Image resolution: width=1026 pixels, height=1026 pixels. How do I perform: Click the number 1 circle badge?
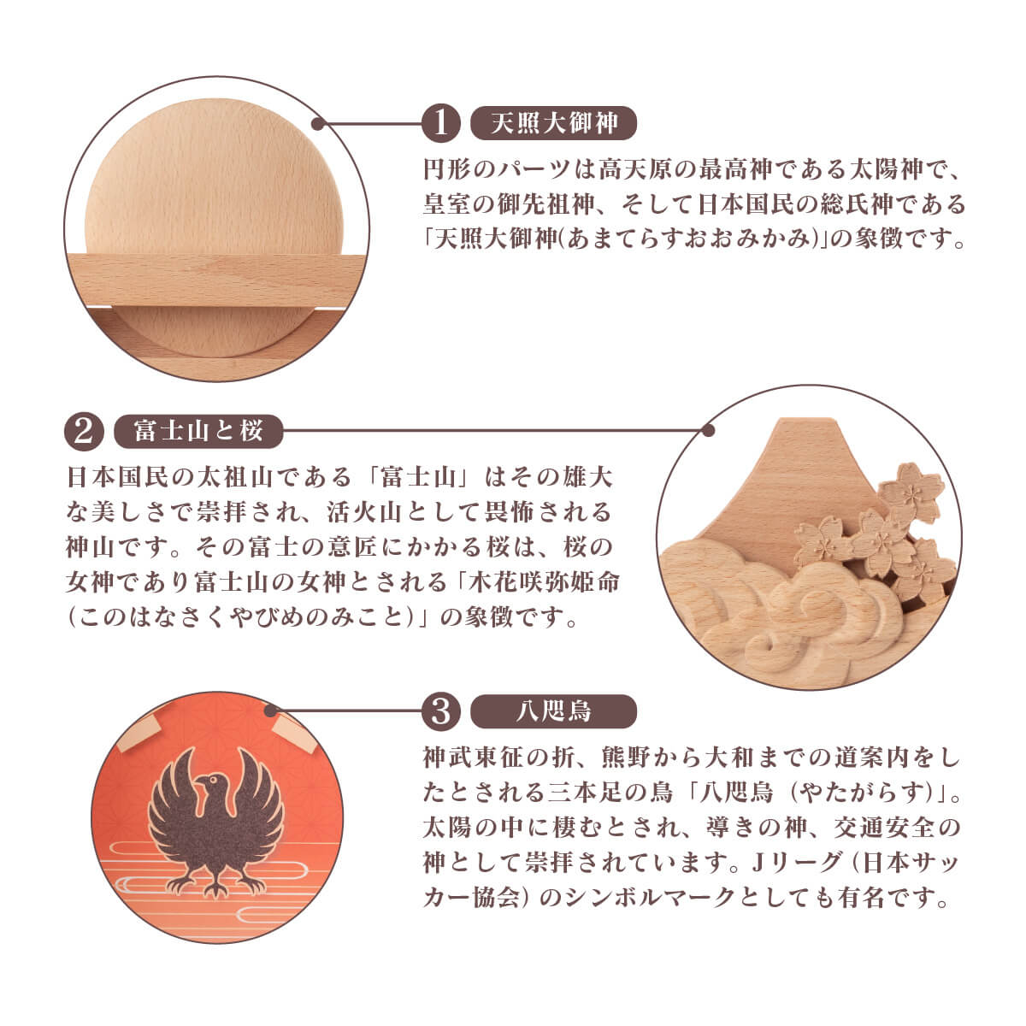[440, 123]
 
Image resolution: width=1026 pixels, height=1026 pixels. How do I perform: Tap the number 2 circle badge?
[84, 431]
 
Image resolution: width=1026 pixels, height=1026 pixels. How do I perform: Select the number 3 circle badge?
[440, 711]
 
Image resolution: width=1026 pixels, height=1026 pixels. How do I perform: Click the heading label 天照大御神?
[554, 123]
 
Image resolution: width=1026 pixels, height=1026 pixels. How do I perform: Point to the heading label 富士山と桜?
[198, 431]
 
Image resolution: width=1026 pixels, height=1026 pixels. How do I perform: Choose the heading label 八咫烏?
[554, 711]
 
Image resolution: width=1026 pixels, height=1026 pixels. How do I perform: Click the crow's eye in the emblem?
[214, 780]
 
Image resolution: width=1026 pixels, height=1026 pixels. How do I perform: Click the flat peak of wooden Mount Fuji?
[808, 421]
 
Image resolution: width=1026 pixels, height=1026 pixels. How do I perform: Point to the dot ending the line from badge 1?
[318, 124]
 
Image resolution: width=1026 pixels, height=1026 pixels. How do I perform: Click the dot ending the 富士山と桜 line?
[708, 431]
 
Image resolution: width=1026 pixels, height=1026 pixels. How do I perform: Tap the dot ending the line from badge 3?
[271, 711]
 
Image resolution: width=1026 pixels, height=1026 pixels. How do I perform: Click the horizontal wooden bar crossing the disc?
[215, 281]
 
